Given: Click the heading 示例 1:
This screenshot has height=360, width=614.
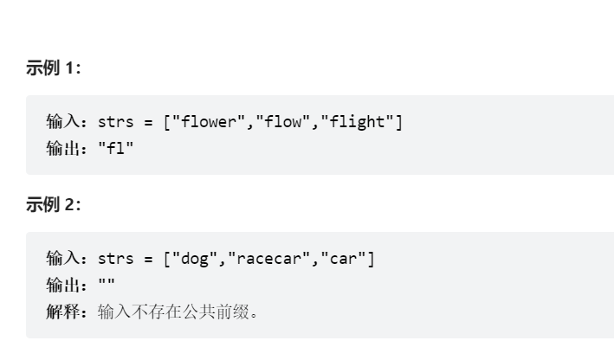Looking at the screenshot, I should click(53, 69).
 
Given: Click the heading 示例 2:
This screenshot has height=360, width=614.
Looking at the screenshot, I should click(53, 205).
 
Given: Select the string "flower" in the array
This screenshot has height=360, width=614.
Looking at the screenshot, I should click(208, 122).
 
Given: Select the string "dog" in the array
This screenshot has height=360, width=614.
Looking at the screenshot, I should click(194, 258).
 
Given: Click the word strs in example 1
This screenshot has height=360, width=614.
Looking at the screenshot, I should click(116, 122).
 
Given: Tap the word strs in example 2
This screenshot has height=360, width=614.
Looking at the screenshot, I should click(116, 258).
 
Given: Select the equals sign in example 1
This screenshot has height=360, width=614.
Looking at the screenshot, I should click(148, 122).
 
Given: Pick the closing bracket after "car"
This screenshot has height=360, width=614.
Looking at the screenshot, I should click(372, 258).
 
